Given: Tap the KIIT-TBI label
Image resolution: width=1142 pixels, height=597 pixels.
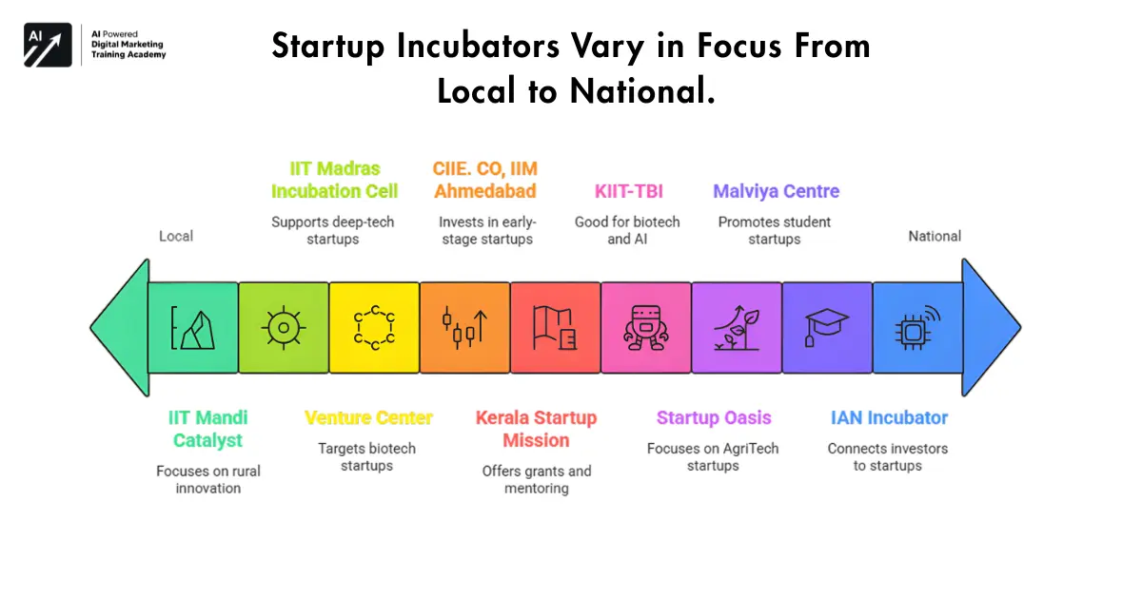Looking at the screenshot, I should tap(627, 191).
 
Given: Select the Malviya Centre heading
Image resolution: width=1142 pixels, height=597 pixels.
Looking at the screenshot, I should tap(776, 191).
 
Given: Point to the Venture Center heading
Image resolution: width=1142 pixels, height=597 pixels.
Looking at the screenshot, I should tap(368, 417).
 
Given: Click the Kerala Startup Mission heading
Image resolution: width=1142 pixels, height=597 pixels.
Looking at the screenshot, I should tap(536, 429).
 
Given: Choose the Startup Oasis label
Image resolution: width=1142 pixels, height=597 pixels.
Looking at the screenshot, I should tap(714, 417).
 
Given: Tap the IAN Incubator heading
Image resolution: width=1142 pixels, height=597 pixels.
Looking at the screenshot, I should tap(889, 417).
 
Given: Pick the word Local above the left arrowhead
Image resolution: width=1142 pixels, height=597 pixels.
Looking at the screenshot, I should tap(176, 236).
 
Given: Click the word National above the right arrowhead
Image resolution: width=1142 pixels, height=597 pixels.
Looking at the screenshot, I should tap(935, 236).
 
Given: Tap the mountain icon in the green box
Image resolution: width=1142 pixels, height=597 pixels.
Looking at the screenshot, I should tap(193, 327).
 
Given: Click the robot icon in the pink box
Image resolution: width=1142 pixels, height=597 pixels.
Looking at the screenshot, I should tap(645, 327).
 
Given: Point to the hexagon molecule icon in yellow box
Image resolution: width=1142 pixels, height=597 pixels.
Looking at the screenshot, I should tap(374, 327).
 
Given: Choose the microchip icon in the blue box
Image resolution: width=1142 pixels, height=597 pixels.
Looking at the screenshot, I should tap(917, 327).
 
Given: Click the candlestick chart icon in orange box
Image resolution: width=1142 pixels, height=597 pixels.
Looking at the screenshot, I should tap(464, 327).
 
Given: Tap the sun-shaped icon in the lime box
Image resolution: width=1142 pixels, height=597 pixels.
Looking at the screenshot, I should tap(284, 327).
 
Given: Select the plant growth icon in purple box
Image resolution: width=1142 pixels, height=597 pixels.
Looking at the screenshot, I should tap(736, 327).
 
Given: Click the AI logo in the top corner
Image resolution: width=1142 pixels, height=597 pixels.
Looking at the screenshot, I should tap(48, 45).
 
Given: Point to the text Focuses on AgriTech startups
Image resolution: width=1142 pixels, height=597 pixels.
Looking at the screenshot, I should tap(713, 457).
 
